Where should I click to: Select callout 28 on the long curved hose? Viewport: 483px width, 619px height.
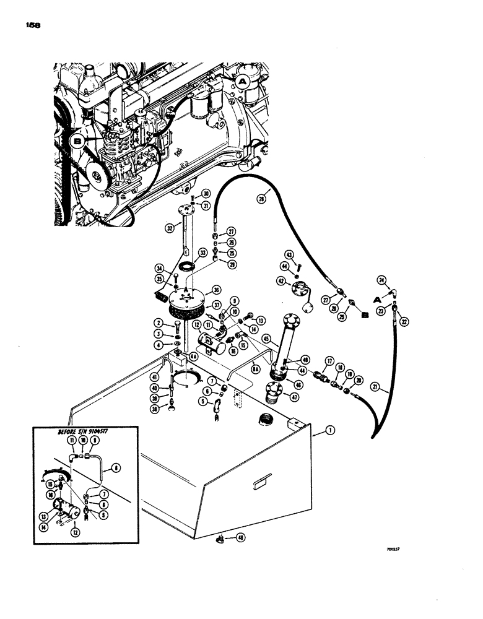(x=261, y=199)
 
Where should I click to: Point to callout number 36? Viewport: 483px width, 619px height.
(x=216, y=288)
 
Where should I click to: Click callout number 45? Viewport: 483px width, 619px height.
(x=266, y=338)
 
